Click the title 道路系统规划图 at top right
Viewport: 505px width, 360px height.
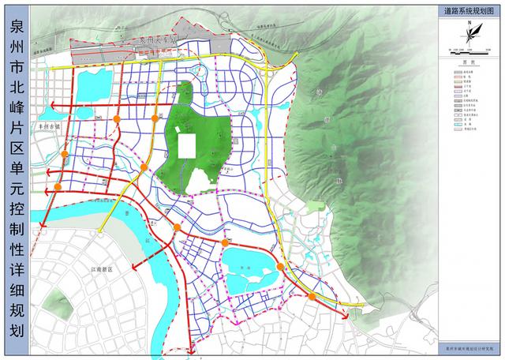pos(469,11)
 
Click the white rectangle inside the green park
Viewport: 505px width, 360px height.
pos(187,148)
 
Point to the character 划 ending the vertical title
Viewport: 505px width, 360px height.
pos(15,329)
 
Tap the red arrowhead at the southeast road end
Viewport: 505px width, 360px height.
pos(346,314)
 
